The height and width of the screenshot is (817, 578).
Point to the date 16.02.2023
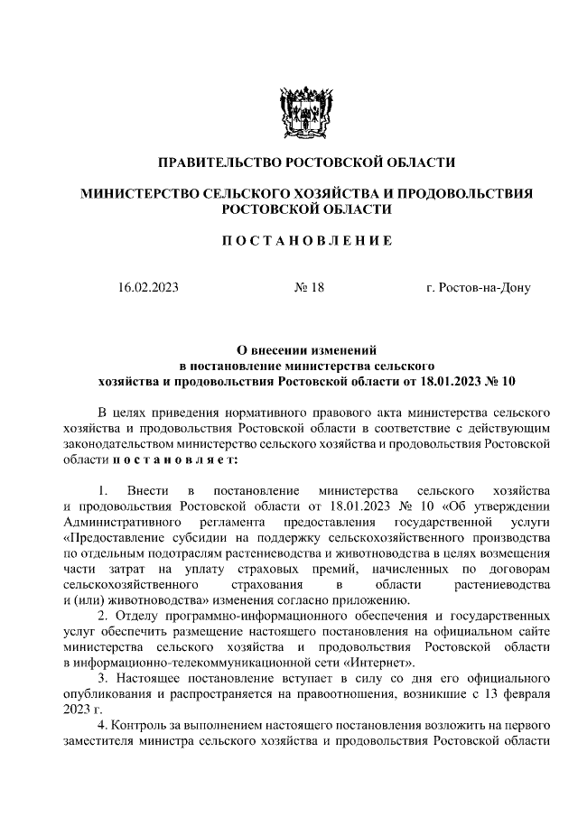point(148,288)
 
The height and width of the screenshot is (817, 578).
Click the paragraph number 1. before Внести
point(104,490)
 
